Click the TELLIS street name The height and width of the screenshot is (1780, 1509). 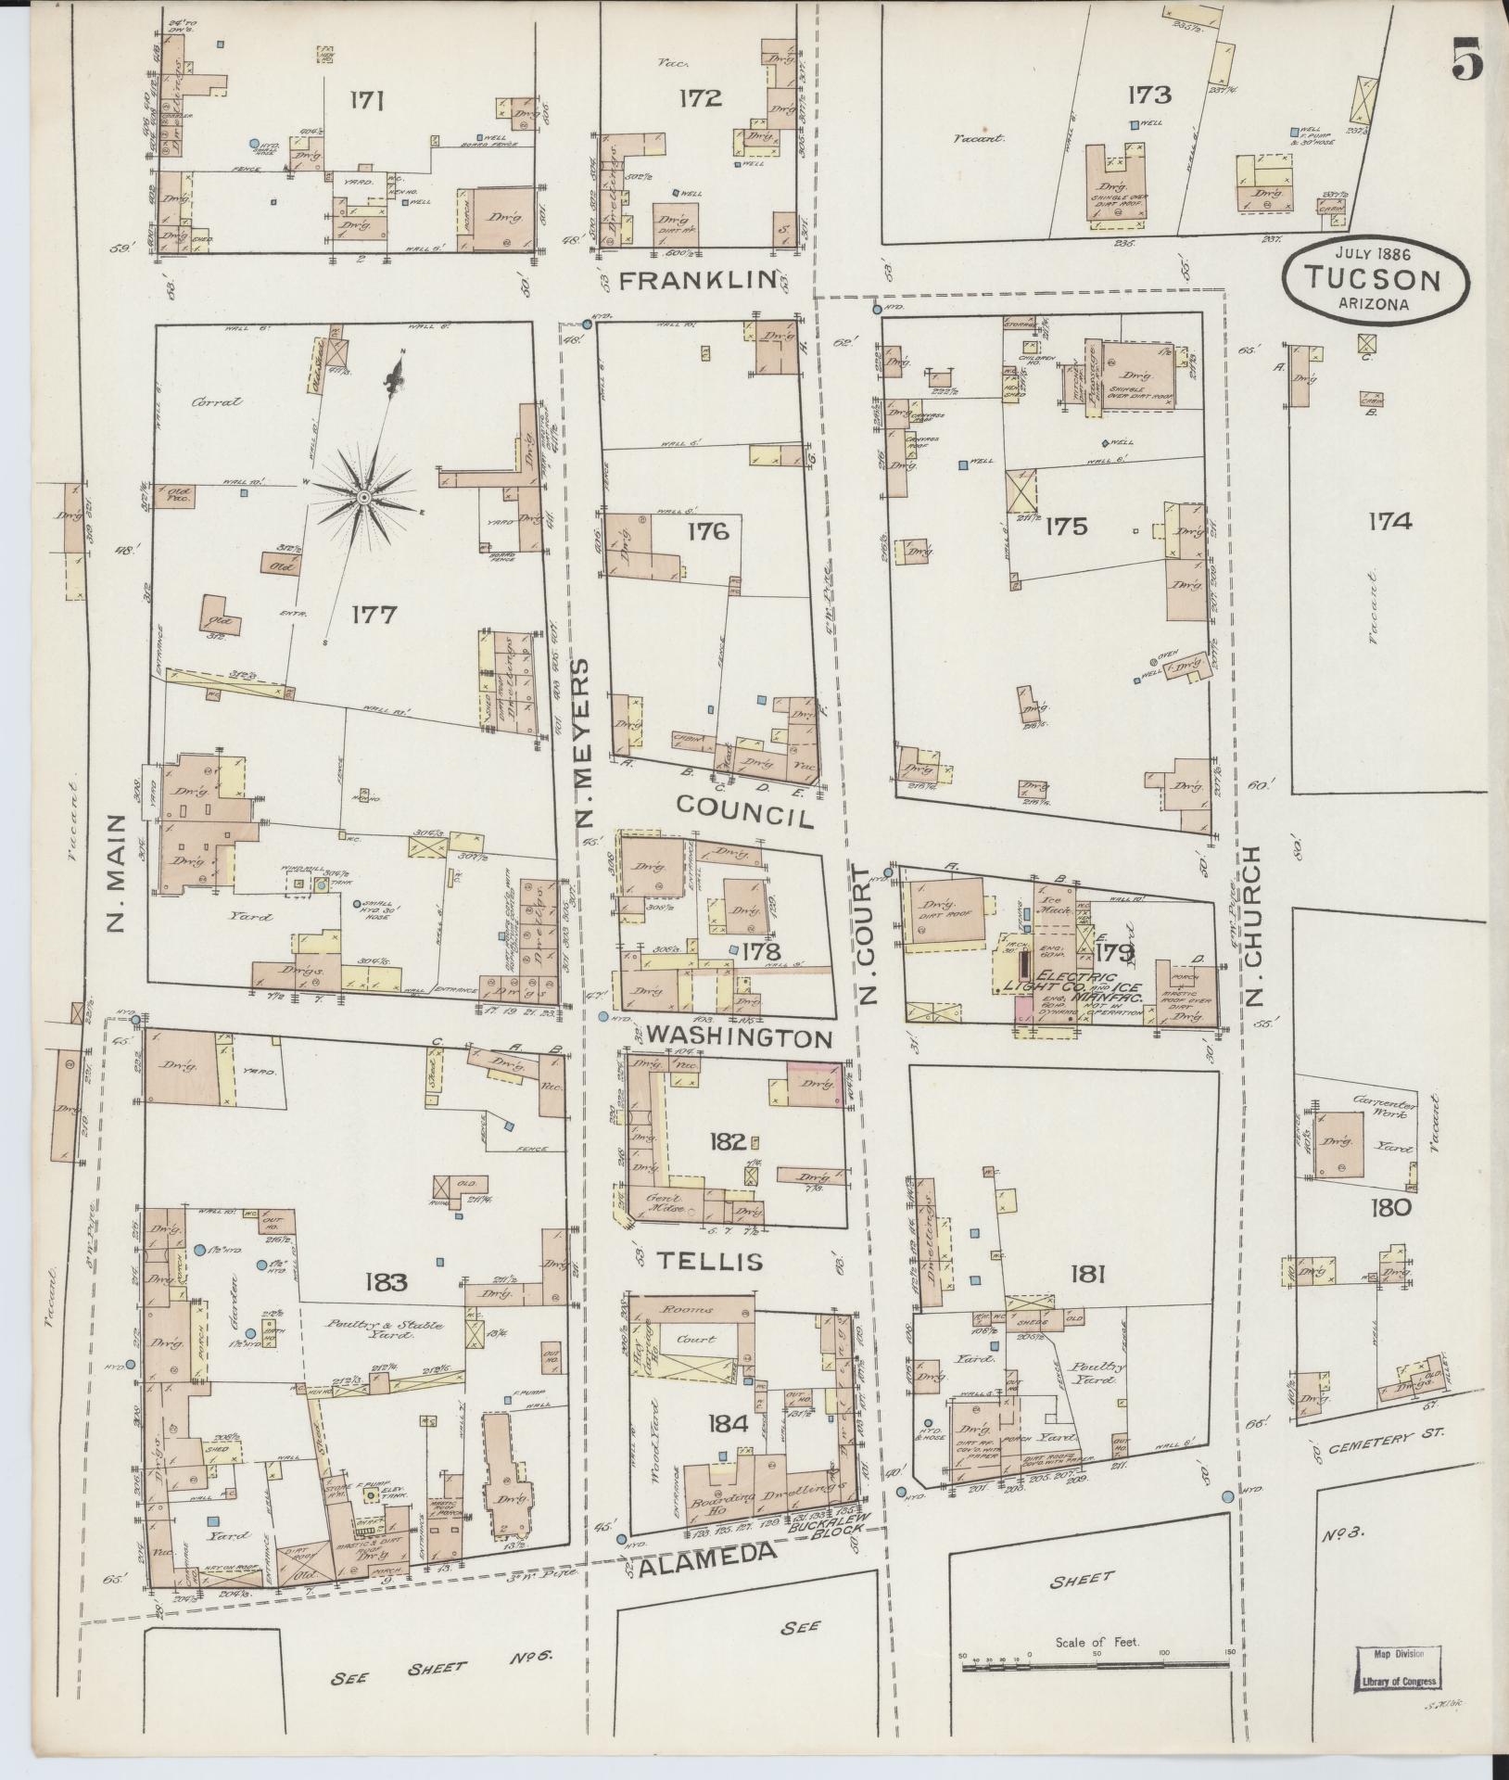click(711, 1261)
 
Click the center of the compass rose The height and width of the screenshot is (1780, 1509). click(363, 499)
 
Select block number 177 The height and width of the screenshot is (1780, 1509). click(374, 615)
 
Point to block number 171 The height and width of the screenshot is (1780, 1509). click(368, 100)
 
